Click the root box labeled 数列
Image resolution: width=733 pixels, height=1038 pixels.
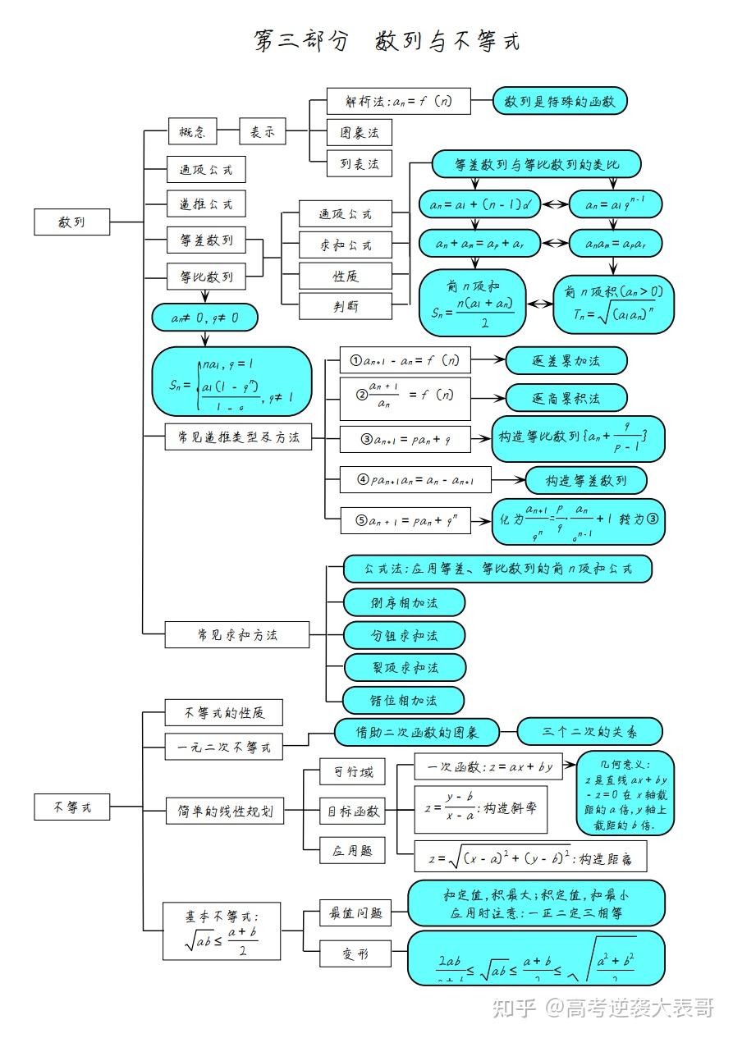tap(71, 222)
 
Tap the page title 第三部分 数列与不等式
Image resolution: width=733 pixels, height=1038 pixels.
tap(387, 42)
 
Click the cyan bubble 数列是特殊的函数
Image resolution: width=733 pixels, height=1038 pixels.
tap(560, 102)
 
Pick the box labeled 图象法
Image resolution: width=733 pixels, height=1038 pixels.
tap(359, 132)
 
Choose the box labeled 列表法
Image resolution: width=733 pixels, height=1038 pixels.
tap(359, 163)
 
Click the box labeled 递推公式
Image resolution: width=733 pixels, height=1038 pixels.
tap(206, 203)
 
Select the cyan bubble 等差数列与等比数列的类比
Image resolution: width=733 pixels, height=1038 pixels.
tap(536, 164)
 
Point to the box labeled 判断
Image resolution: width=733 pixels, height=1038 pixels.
tap(345, 307)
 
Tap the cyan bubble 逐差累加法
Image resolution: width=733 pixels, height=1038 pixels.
tap(566, 360)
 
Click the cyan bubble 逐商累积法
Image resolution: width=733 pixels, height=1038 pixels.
tap(566, 398)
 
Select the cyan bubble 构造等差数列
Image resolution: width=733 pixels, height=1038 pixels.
tap(586, 480)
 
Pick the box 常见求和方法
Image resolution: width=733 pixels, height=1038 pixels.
tap(237, 634)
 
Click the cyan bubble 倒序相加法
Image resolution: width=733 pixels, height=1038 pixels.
tap(404, 602)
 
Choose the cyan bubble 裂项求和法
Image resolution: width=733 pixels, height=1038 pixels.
tap(404, 667)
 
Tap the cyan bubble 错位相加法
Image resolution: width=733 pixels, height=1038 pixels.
tap(404, 700)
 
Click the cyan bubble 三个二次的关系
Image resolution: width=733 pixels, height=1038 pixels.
tap(589, 731)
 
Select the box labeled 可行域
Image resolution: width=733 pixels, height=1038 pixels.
tap(352, 771)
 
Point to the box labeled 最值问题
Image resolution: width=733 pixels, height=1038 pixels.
tap(355, 912)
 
